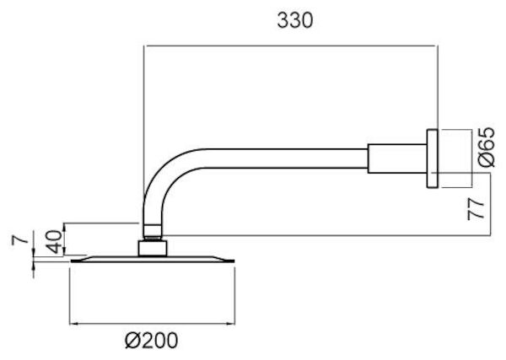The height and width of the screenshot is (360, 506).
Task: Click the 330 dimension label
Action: (x=295, y=20)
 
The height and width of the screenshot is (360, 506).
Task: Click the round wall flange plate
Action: (x=431, y=158)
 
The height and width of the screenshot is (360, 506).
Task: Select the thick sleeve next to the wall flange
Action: (x=396, y=158)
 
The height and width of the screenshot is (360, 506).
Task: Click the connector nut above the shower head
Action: (x=153, y=248)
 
